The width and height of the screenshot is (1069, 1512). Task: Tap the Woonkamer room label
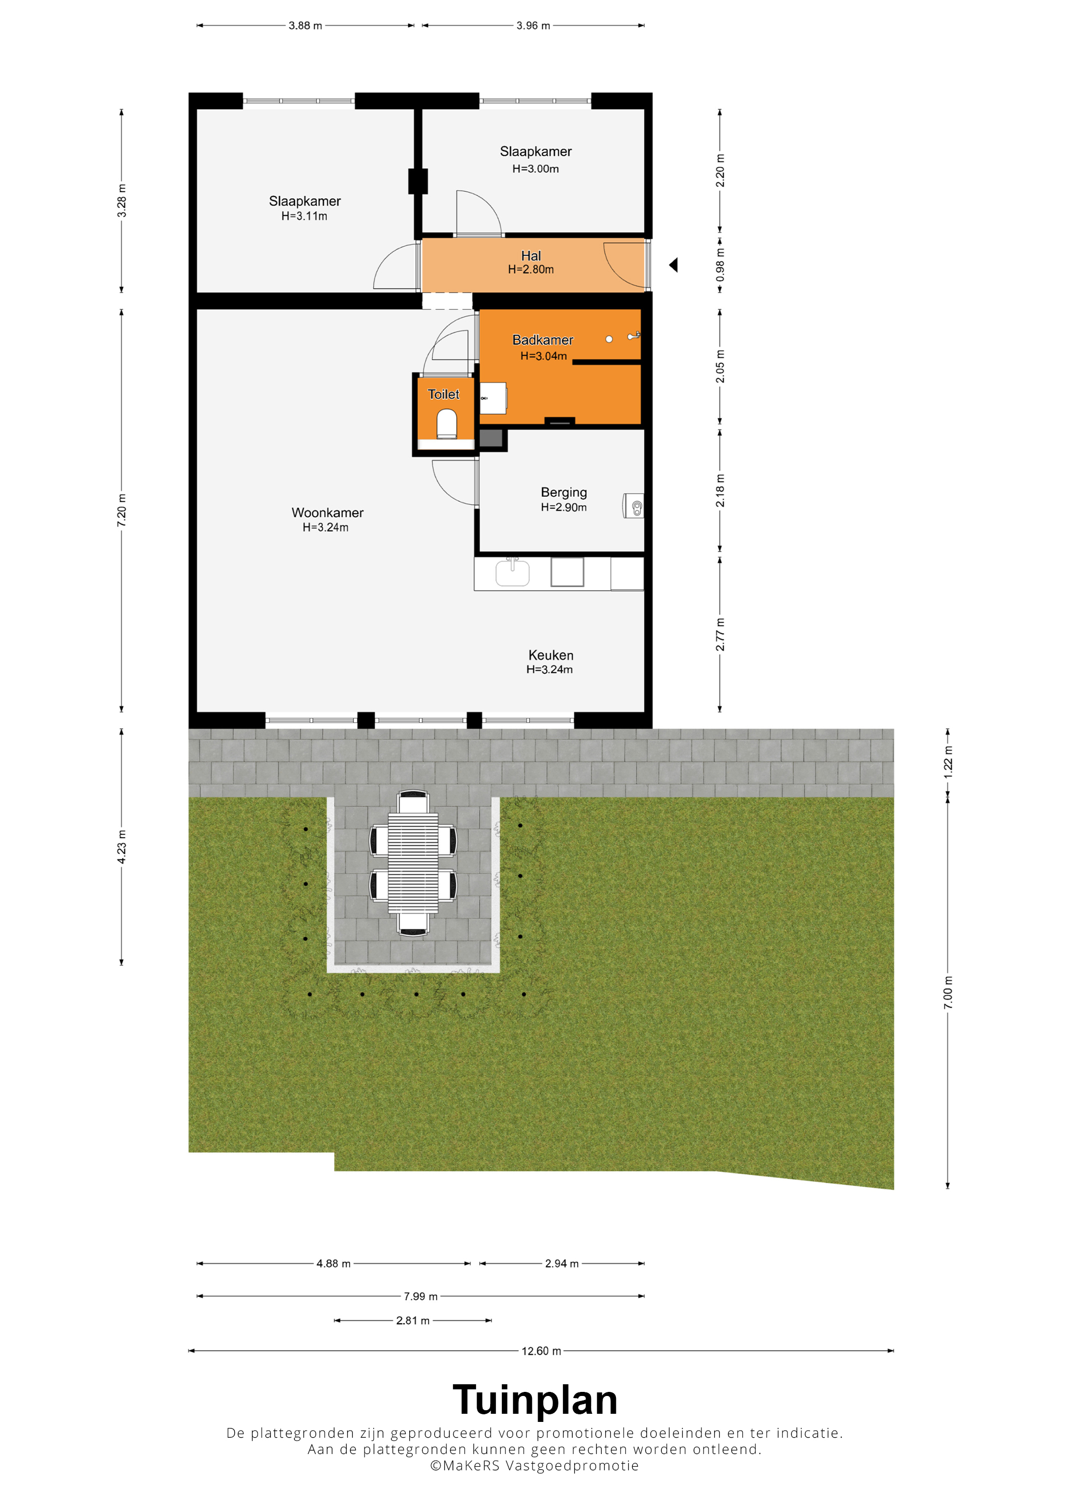[x=327, y=512]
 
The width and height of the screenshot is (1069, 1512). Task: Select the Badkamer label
[x=543, y=340]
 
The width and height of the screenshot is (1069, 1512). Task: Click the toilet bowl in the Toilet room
[x=446, y=423]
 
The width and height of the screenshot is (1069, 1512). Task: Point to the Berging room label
[x=564, y=492]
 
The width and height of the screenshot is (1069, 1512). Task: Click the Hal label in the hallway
[x=531, y=255]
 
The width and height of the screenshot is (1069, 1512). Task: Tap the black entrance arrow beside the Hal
[x=673, y=265]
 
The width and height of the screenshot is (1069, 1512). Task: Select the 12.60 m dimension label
[x=542, y=1351]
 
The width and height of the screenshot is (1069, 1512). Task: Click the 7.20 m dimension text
[x=122, y=510]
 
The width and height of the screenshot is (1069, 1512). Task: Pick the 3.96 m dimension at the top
[x=533, y=25]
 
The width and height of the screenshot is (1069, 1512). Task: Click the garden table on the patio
[x=413, y=863]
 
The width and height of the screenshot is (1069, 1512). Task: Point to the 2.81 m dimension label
[x=413, y=1320]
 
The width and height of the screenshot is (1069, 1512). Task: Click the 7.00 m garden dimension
[x=948, y=992]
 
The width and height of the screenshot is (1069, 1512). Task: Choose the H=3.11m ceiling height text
[x=304, y=216]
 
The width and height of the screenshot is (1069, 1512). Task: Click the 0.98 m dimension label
[x=720, y=265]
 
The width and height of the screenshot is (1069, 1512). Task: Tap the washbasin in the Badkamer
[x=493, y=398]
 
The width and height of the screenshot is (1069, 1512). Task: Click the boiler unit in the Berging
[x=634, y=506]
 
